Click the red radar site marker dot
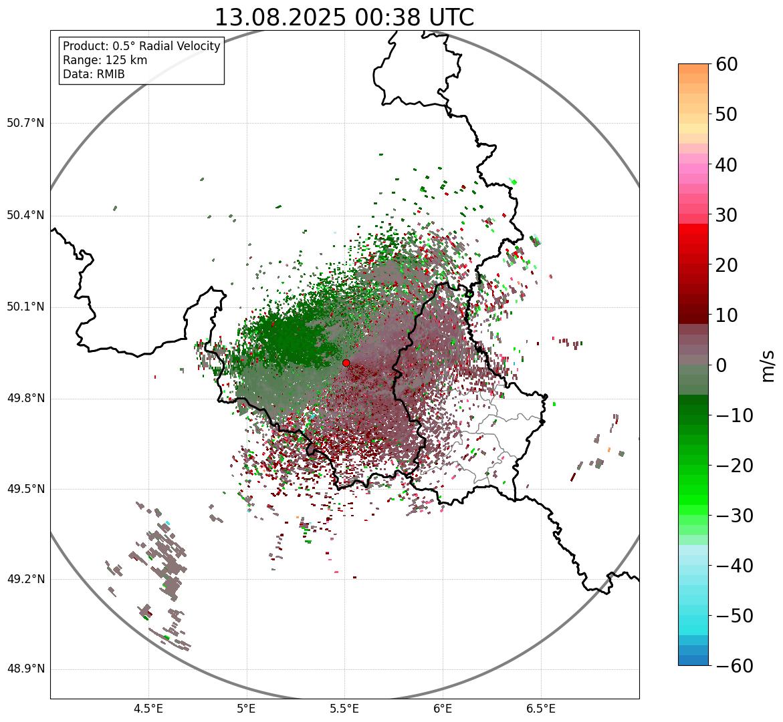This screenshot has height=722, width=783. (346, 363)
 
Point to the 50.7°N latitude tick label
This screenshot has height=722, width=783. (25, 123)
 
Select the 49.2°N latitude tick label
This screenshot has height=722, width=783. (25, 579)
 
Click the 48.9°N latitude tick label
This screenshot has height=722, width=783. (25, 669)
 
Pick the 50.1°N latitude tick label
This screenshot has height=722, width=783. (25, 307)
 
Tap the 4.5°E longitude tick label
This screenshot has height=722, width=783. (148, 709)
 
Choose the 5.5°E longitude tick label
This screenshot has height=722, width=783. (344, 709)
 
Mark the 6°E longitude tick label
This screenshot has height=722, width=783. (443, 709)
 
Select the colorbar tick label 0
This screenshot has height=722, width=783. (722, 365)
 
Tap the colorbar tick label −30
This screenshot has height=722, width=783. (734, 516)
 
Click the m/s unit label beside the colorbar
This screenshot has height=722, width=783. (768, 365)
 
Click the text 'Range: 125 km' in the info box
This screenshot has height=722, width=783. (105, 60)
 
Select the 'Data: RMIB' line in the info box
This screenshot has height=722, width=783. (94, 74)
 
